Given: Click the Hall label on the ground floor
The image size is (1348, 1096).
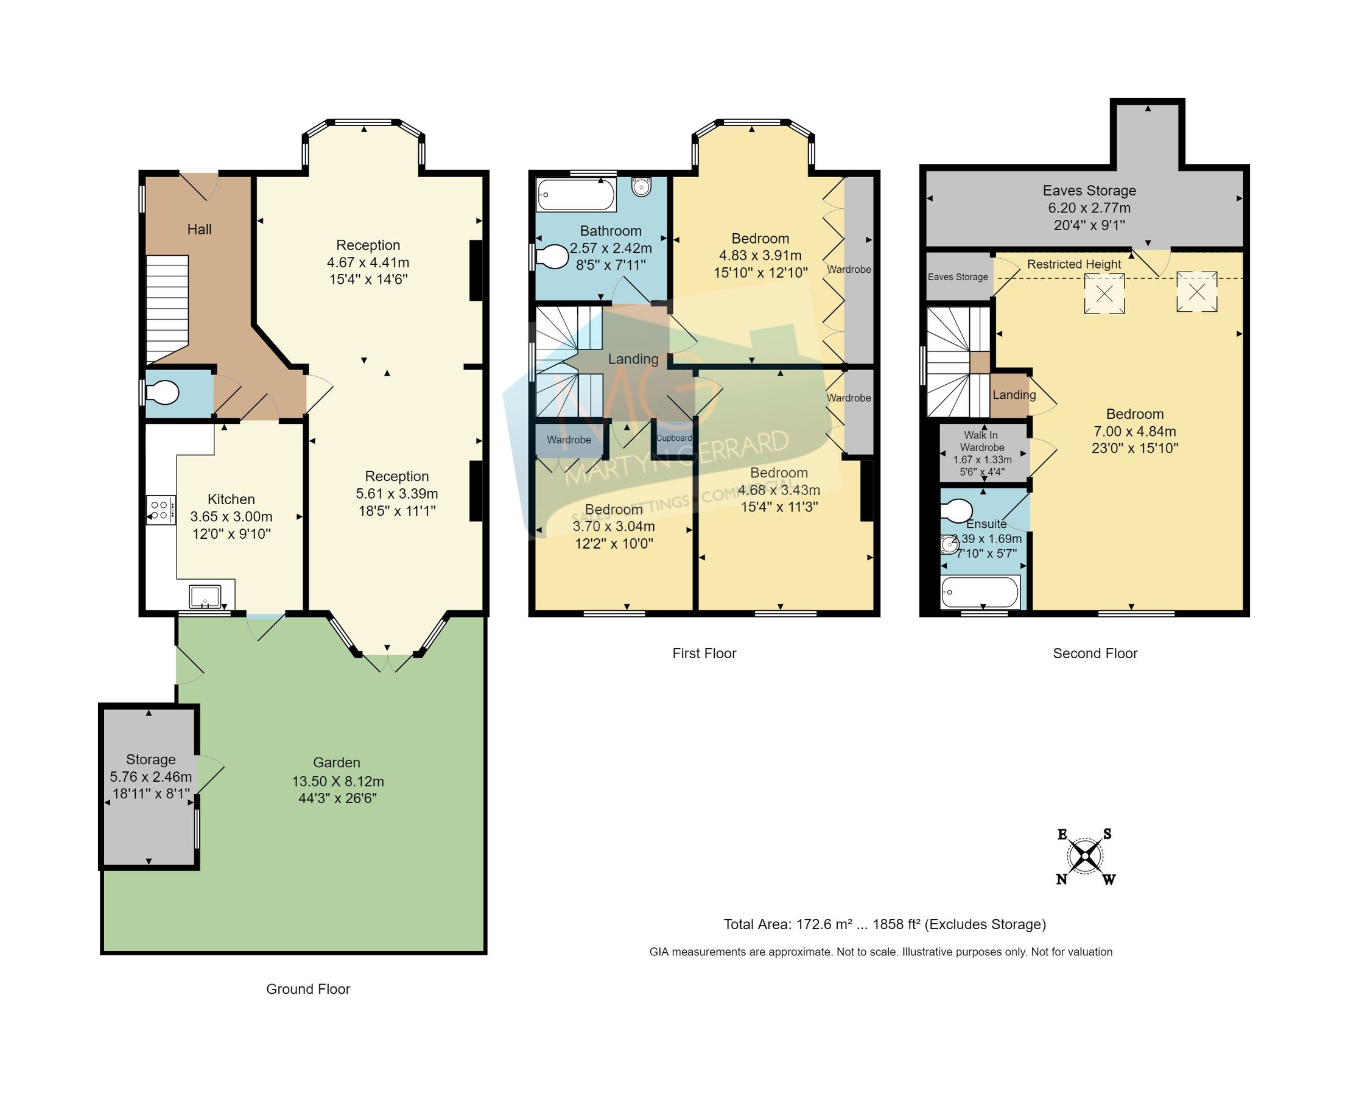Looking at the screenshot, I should point(199,229).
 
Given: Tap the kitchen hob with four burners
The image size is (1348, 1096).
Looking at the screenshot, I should point(160,510).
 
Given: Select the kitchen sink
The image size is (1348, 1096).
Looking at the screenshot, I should point(205,596).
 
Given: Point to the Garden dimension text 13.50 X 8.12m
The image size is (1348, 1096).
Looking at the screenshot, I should point(337,781).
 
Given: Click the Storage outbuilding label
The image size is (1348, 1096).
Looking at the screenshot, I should point(150,759).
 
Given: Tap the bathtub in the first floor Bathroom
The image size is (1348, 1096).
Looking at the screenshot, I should point(575,194).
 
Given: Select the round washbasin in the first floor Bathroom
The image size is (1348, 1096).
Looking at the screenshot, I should point(641,187).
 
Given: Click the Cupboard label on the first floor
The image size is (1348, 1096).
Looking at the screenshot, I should point(673,438).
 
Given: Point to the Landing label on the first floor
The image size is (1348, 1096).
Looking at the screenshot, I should point(633,359).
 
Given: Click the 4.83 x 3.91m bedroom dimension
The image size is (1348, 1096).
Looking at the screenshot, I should point(760,256).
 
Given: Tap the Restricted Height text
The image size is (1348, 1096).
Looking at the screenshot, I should point(1073,264).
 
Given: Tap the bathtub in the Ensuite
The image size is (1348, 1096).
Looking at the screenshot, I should point(979,592).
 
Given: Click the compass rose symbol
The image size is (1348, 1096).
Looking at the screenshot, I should point(1086,857).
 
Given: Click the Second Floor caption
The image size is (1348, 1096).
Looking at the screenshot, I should point(1094,653).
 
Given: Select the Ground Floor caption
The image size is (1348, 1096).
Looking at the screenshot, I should point(307,989).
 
